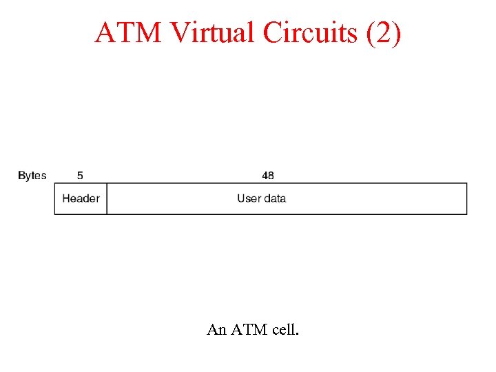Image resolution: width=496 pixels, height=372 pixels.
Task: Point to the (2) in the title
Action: (383, 32)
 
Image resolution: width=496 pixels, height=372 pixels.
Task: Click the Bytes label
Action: (32, 176)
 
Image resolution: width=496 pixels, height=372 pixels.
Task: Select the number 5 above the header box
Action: (81, 176)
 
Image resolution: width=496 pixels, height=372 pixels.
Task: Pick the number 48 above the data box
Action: (268, 176)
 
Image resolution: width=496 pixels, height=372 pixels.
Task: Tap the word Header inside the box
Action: (81, 198)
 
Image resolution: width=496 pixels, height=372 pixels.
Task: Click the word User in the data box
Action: (249, 198)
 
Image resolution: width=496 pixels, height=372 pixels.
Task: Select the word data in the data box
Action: (275, 198)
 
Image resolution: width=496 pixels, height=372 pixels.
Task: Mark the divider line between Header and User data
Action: (107, 198)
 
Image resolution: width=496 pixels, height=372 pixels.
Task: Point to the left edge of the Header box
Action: (54, 198)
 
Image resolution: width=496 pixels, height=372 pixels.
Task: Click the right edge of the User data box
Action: (466, 198)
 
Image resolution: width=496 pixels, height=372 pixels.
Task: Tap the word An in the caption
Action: (216, 330)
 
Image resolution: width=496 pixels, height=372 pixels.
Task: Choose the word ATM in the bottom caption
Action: (249, 330)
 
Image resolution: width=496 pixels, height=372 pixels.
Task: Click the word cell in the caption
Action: (285, 330)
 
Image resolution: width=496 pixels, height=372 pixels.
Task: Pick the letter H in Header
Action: (66, 198)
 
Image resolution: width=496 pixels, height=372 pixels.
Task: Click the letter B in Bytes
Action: (21, 176)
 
